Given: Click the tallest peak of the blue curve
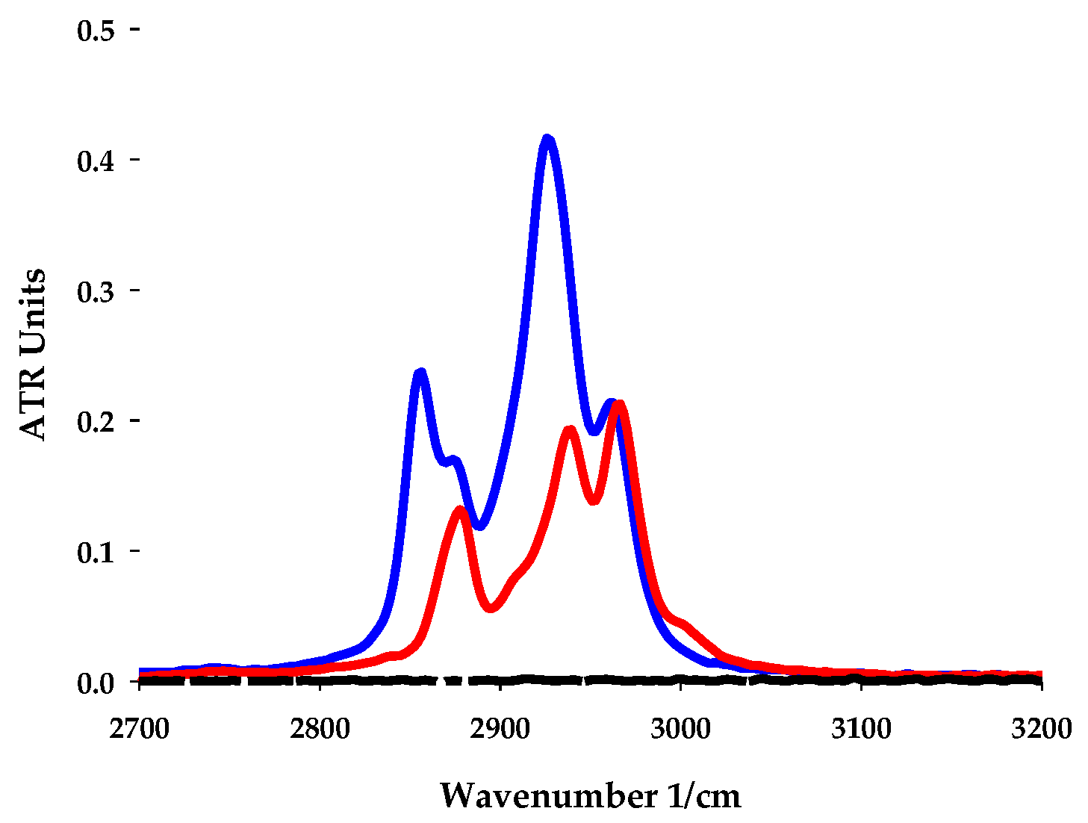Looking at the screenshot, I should tap(547, 140).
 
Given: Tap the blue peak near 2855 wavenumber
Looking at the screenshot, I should tap(420, 373).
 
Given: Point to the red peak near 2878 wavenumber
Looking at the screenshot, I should tap(460, 510).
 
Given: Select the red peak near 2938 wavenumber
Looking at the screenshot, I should tap(570, 430).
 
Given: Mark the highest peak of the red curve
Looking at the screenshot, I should tap(618, 405).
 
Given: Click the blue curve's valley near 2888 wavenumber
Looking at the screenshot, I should tap(479, 526).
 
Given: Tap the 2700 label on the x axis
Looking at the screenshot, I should tap(140, 728).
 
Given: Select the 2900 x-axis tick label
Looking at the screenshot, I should tap(500, 728).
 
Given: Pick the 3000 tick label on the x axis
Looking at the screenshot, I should tap(680, 728).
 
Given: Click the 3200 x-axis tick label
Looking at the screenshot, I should tap(1041, 728).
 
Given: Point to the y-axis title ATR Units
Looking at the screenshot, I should tap(32, 355).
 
